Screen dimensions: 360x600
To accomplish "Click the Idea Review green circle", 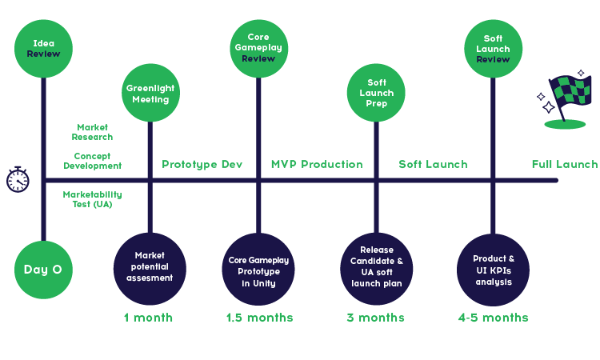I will pos(43,48).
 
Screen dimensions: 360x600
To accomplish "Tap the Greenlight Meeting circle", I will pos(150,94).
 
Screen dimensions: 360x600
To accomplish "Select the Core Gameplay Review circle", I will pos(258,48).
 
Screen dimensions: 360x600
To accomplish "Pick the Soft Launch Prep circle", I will pos(376,94).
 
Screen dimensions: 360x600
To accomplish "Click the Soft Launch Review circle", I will pos(493,48).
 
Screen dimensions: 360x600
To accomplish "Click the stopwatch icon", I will pos(18,180).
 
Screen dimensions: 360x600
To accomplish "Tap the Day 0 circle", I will pos(43,270).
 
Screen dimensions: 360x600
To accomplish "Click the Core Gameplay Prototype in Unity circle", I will pos(258,270).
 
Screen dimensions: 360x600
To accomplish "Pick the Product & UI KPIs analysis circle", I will pos(493,270).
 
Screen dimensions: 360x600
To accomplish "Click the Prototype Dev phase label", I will pos(202,165).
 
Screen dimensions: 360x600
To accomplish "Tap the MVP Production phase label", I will pos(316,165).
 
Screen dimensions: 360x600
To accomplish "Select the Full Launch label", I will pos(564,165).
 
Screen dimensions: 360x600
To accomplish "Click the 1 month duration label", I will pos(148,318).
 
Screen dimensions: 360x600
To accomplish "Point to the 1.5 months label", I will pos(259,318).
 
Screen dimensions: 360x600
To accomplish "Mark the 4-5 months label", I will pos(493,318).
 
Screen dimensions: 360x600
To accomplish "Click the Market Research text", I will pos(94,132).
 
